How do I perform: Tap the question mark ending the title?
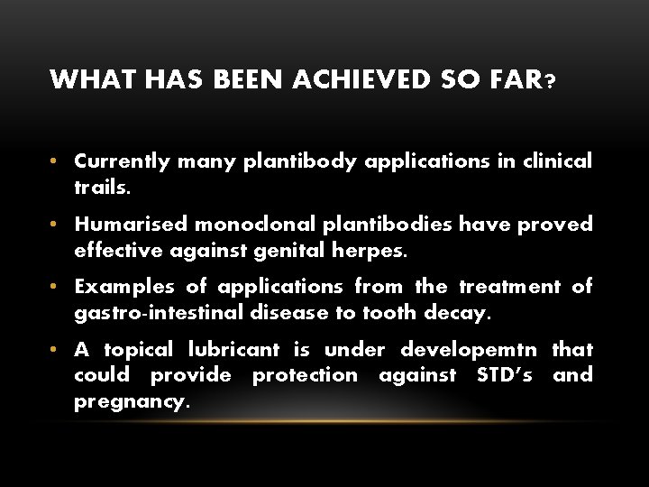coord(550,82)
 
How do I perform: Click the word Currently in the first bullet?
coord(122,161)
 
